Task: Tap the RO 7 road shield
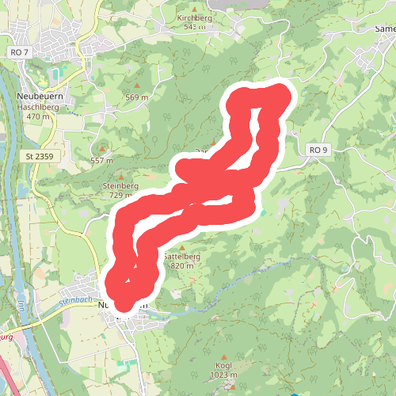click(x=20, y=52)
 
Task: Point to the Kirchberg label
click(x=194, y=17)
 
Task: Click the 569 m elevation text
click(x=137, y=97)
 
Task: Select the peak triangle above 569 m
click(x=137, y=86)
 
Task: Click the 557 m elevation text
click(x=102, y=160)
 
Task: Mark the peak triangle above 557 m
click(x=102, y=148)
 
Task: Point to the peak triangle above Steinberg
click(x=120, y=176)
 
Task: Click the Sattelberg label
click(x=181, y=257)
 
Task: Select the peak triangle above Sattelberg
click(x=181, y=247)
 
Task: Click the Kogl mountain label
click(x=224, y=366)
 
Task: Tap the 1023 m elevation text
click(x=224, y=375)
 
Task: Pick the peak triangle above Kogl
click(x=224, y=356)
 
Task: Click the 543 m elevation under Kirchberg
click(x=194, y=27)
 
